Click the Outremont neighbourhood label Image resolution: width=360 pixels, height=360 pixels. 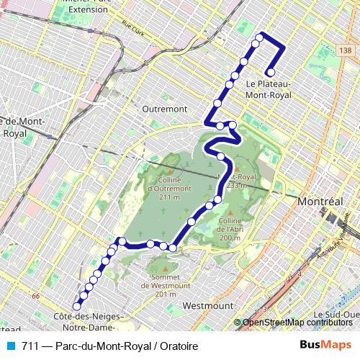[165, 109]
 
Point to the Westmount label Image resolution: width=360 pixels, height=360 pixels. [204, 305]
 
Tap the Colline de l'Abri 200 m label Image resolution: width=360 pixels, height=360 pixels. [230, 229]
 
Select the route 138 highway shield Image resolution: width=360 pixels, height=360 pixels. [347, 50]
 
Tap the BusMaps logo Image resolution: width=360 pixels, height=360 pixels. [325, 346]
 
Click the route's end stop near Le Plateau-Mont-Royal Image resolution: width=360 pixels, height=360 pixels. [270, 72]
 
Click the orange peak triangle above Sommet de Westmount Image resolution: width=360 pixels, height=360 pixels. [172, 269]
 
